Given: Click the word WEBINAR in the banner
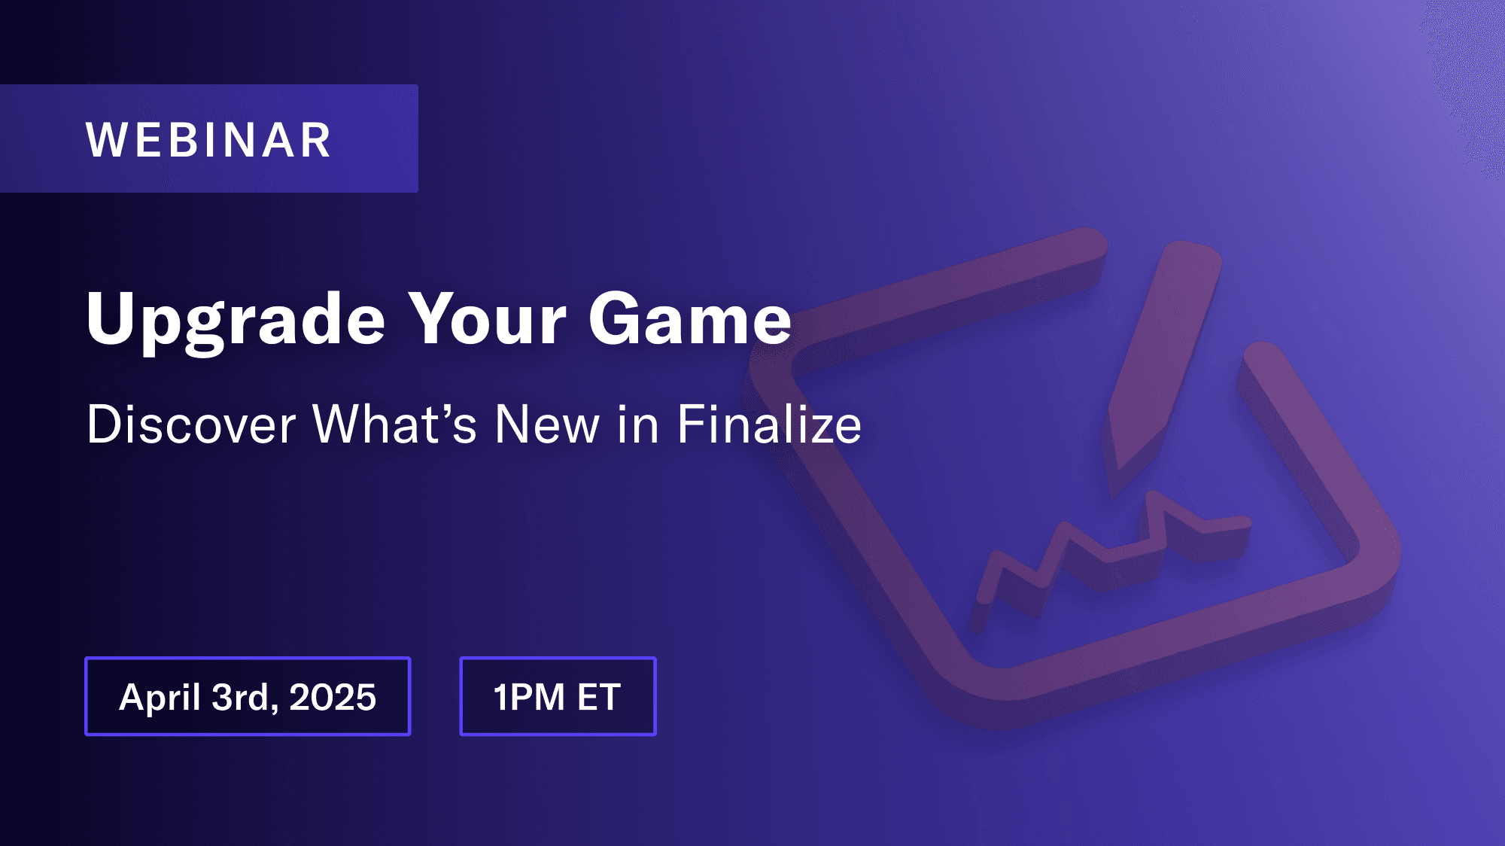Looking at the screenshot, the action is tap(208, 140).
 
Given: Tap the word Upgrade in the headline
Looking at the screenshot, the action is tap(236, 321).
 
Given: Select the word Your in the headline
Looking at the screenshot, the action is tap(487, 318).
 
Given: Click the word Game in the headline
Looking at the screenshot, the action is tap(690, 318).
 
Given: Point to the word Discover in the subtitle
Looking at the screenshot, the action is tap(191, 425).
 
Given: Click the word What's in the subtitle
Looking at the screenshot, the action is tap(395, 425).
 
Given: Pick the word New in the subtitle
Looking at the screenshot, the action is tap(547, 425).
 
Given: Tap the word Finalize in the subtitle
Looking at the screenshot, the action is tap(770, 425).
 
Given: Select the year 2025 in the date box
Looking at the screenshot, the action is tap(333, 697).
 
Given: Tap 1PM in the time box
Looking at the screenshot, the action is tap(529, 697).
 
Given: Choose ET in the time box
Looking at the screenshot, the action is tap(599, 697).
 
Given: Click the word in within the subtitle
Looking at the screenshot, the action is tap(638, 425).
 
